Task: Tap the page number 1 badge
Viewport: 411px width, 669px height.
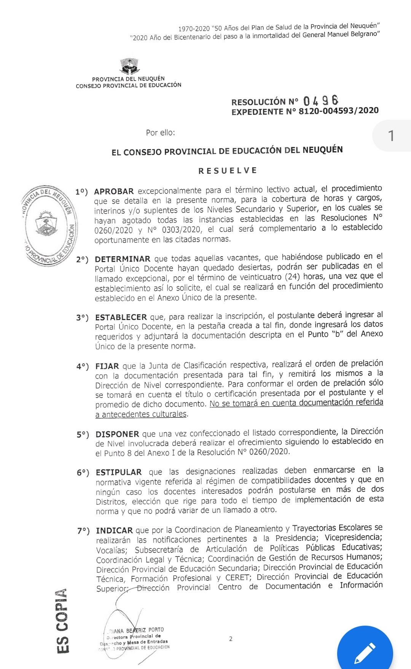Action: click(x=391, y=136)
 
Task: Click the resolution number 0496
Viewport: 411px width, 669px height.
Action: click(x=321, y=101)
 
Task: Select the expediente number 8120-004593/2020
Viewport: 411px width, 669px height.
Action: click(x=338, y=111)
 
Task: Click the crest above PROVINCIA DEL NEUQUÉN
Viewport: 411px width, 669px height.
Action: click(x=129, y=66)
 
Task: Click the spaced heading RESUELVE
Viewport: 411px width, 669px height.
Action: click(x=228, y=171)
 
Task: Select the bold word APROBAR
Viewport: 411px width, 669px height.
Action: click(x=114, y=192)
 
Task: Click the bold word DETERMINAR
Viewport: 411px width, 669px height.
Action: click(x=123, y=259)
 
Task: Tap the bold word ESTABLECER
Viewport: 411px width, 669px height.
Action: click(x=121, y=317)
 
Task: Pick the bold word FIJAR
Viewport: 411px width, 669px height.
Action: click(x=107, y=366)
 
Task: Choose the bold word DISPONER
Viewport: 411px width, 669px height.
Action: click(x=117, y=434)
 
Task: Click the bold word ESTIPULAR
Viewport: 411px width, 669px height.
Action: click(x=119, y=472)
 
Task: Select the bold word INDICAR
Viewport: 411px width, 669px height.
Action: click(x=114, y=531)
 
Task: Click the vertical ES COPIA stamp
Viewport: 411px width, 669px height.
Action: click(x=62, y=621)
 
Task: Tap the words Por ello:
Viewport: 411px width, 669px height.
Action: click(x=160, y=133)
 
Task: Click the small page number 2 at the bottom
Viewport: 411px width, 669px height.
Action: click(x=231, y=639)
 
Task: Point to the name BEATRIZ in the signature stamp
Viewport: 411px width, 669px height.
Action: click(x=136, y=631)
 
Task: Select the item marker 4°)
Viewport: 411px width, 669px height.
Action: click(x=83, y=367)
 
